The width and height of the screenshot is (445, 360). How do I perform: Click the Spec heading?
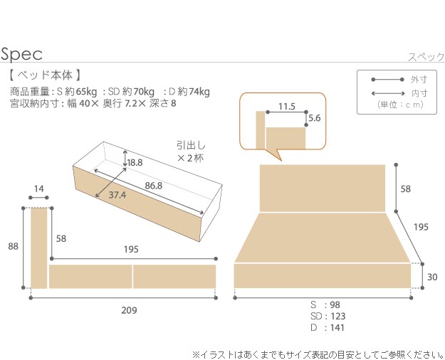click(22, 54)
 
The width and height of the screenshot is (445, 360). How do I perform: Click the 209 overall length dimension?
click(128, 310)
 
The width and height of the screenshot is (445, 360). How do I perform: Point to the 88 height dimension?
click(13, 246)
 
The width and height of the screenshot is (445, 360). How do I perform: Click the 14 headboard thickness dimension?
click(38, 189)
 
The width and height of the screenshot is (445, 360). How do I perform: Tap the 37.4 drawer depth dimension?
click(119, 195)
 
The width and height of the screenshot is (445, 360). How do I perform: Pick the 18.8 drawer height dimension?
click(135, 162)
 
